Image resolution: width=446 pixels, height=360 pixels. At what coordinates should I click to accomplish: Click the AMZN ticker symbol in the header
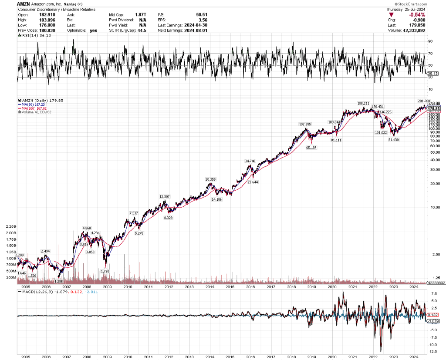[x=23, y=3]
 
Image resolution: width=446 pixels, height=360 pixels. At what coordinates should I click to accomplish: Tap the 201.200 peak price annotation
[x=423, y=101]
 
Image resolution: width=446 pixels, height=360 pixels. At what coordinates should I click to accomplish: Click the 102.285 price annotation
[x=305, y=124]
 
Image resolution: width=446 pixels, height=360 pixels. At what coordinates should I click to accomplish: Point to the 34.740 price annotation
[x=250, y=161]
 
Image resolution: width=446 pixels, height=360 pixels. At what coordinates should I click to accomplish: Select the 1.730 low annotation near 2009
[x=105, y=271]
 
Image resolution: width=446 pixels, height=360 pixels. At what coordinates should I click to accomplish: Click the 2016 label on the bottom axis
[x=250, y=356]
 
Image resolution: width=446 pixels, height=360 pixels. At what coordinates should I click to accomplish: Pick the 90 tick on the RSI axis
[x=430, y=41]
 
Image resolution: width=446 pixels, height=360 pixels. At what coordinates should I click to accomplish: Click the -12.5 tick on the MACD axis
[x=432, y=351]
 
